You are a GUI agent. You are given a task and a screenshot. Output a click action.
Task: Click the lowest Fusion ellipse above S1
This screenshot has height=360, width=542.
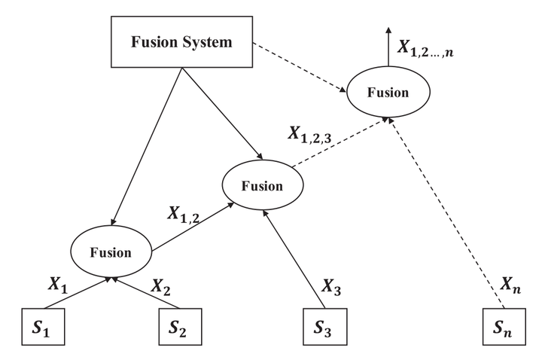click(x=111, y=252)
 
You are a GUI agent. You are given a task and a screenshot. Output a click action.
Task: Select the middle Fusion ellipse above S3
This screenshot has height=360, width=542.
click(x=262, y=185)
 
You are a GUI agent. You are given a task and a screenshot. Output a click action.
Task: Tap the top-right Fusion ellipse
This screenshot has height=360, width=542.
click(x=387, y=93)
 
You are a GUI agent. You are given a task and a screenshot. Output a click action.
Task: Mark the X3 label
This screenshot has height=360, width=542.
click(x=332, y=285)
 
